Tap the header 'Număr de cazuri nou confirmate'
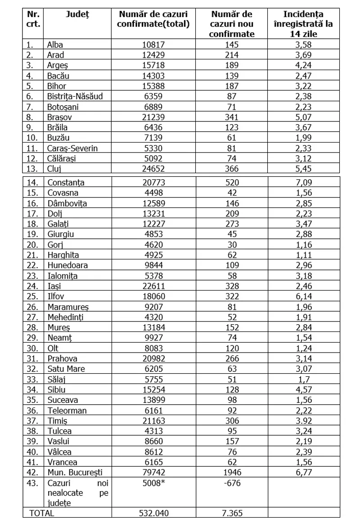tap(232, 24)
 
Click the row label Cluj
tap(54, 169)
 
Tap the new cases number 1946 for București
tap(232, 472)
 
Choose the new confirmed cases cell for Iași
tap(232, 286)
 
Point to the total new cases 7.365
tap(232, 513)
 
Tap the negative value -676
tap(232, 483)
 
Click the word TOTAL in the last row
tap(41, 513)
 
